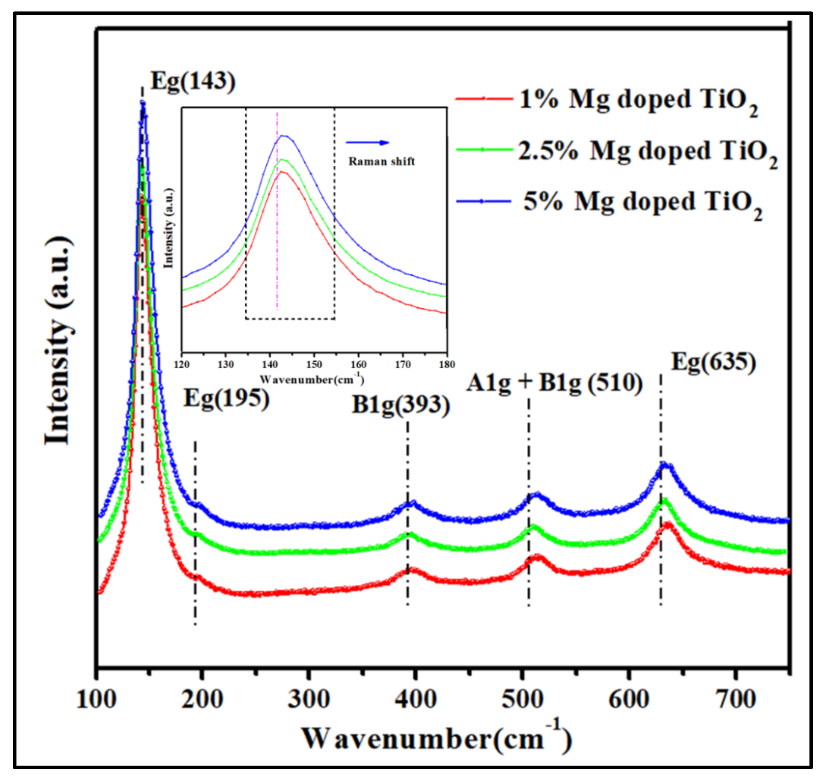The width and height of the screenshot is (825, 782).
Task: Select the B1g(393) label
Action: click(401, 404)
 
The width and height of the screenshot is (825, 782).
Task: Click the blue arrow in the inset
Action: click(367, 143)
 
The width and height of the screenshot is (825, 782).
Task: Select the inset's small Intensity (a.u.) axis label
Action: click(168, 228)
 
